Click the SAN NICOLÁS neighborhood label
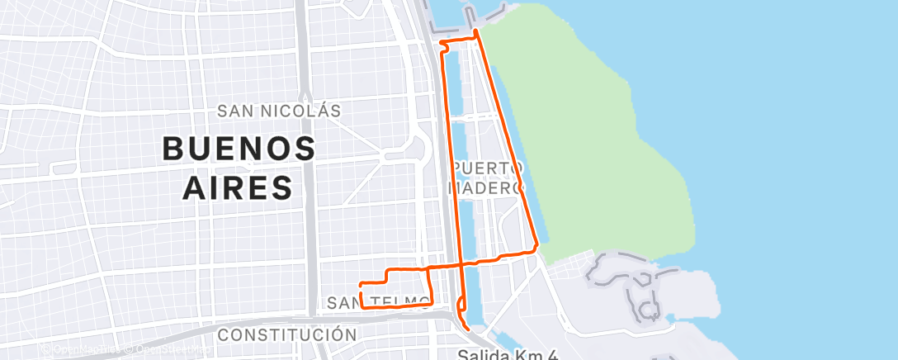279,111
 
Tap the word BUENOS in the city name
239,149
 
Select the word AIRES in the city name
238,187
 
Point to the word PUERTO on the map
488,168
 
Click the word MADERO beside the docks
486,188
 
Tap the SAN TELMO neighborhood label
378,303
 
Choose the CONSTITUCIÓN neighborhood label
287,335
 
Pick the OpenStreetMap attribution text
169,350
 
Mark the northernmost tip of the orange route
476,30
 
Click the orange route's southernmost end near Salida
469,329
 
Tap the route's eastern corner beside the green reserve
537,245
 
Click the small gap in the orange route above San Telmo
362,289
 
